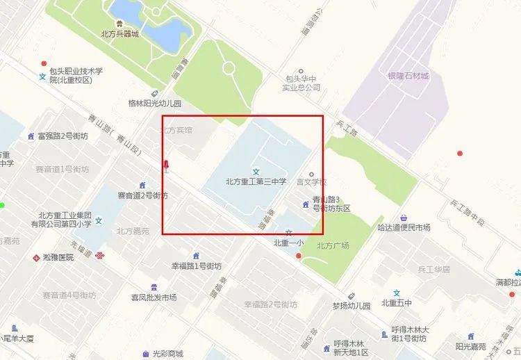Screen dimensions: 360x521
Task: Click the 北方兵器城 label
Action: pyautogui.click(x=119, y=33)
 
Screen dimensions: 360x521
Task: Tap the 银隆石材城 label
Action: pyautogui.click(x=408, y=76)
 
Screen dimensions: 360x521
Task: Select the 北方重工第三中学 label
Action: pyautogui.click(x=256, y=182)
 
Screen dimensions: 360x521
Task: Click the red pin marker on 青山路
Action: pyautogui.click(x=165, y=165)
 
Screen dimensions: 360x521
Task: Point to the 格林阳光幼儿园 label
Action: pyautogui.click(x=154, y=103)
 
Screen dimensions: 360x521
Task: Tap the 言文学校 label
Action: pyautogui.click(x=311, y=182)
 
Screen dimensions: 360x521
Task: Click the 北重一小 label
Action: pyautogui.click(x=288, y=243)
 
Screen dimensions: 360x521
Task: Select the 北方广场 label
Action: pyautogui.click(x=333, y=245)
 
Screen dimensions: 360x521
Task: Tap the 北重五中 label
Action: pyautogui.click(x=397, y=303)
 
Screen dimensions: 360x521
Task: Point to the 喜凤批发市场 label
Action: pyautogui.click(x=154, y=297)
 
